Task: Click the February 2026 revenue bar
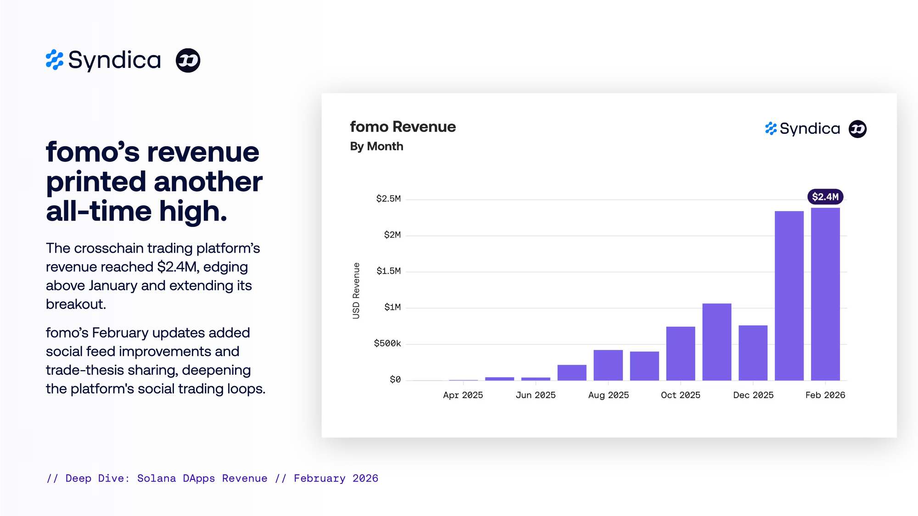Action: click(825, 294)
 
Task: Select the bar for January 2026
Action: click(789, 296)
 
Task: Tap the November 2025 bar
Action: click(716, 342)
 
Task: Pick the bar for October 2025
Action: click(681, 353)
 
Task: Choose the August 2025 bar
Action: click(608, 365)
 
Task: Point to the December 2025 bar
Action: click(753, 353)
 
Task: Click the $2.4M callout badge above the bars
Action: click(825, 197)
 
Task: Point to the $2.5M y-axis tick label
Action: click(388, 199)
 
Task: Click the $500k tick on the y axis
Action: click(387, 344)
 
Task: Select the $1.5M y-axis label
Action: click(388, 271)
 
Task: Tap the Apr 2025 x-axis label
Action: click(463, 395)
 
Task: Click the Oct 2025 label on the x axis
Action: click(680, 395)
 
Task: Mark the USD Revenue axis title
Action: click(356, 291)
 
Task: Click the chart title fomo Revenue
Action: click(403, 127)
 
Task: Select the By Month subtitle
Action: click(376, 146)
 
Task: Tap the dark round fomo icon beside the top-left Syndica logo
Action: click(188, 60)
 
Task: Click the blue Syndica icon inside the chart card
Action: click(771, 128)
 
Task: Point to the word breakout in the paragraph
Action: click(76, 304)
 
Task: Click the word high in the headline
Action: click(193, 211)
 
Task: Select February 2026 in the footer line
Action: click(336, 478)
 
